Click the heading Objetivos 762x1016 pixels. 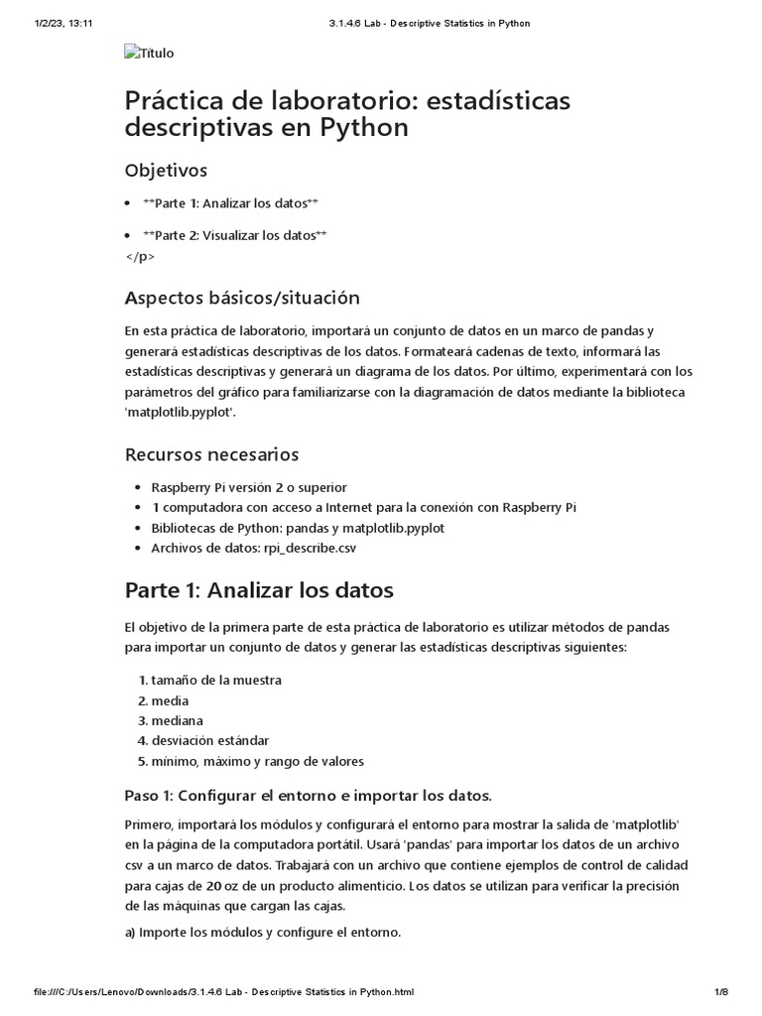[x=166, y=171]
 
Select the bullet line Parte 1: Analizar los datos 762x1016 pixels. [x=230, y=203]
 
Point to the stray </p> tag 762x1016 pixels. [x=140, y=256]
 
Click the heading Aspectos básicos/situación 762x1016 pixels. [x=242, y=298]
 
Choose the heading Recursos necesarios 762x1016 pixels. [x=211, y=454]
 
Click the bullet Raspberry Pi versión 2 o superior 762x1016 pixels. [x=248, y=487]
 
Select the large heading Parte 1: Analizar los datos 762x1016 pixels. [x=259, y=590]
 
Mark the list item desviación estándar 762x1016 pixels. [x=209, y=741]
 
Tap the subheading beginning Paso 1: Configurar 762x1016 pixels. [x=308, y=797]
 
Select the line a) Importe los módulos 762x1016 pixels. [x=263, y=933]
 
